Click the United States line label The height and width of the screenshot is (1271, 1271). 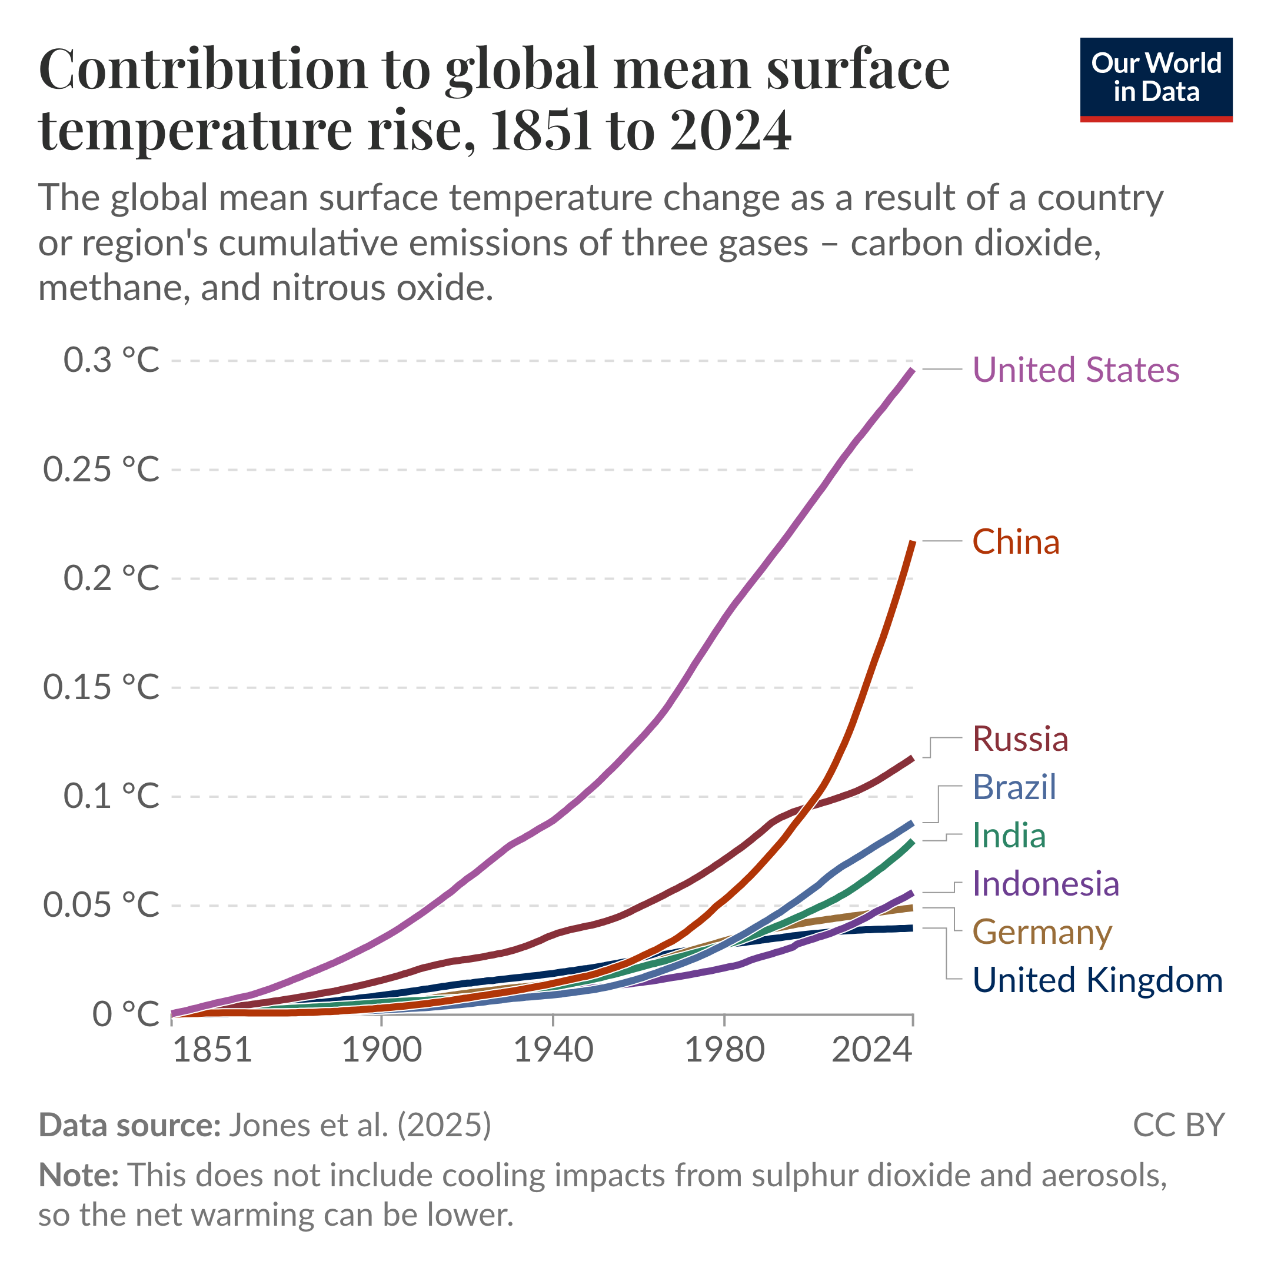click(x=1076, y=370)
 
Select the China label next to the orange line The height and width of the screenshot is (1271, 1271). click(x=1016, y=542)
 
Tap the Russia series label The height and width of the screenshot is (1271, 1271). click(x=1020, y=739)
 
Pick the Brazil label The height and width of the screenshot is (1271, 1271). click(x=1014, y=787)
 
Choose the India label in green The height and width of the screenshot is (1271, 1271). click(x=1009, y=836)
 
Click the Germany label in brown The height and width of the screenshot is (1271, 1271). click(x=1042, y=932)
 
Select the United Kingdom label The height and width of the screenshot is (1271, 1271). click(x=1097, y=980)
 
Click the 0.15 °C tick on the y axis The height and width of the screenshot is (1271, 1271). click(x=101, y=687)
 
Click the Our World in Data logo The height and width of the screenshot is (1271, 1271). click(x=1156, y=79)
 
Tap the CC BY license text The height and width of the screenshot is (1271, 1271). click(x=1178, y=1125)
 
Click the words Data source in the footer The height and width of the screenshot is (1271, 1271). click(x=129, y=1125)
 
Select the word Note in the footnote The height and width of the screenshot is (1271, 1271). click(x=78, y=1175)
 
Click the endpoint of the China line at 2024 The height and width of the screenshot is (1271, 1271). click(x=913, y=541)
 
